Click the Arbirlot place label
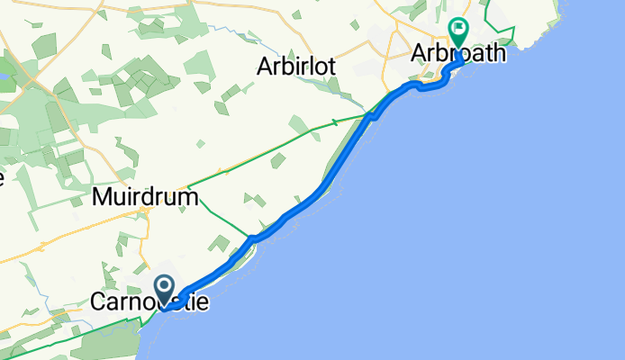coord(296,67)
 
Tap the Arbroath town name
coord(458,55)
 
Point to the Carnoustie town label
coord(149,304)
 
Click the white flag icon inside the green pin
coord(458,31)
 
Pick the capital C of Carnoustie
coord(98,304)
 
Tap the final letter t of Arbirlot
coord(333,67)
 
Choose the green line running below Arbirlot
coord(270,148)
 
